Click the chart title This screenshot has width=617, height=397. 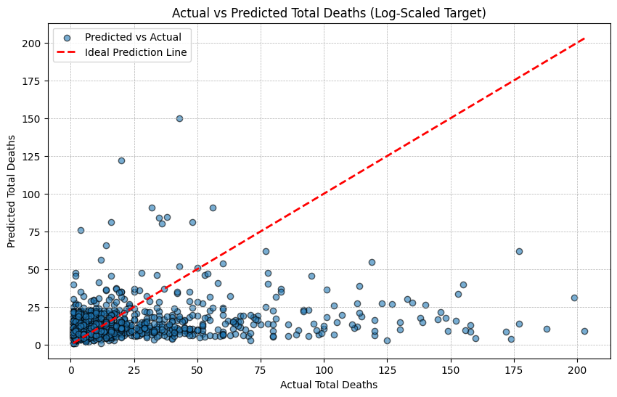tap(329, 13)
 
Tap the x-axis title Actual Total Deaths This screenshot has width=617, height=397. tap(329, 385)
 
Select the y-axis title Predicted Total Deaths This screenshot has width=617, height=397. tap(11, 191)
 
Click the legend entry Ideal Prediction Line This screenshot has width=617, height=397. tap(136, 52)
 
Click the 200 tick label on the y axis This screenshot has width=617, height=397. tap(31, 44)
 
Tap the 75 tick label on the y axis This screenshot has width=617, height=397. tap(35, 232)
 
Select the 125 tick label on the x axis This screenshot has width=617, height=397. tap(387, 370)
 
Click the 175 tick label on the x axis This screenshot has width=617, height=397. tap(514, 370)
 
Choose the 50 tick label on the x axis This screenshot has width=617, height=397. tap(197, 370)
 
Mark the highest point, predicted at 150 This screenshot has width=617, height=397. tap(179, 118)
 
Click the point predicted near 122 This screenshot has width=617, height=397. tap(122, 160)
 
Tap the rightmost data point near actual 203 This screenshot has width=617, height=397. tap(584, 331)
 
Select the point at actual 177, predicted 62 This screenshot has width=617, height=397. tap(519, 251)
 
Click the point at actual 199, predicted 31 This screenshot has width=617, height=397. tap(574, 298)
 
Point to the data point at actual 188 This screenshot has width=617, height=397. tap(547, 329)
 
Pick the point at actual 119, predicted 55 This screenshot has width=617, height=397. tap(372, 263)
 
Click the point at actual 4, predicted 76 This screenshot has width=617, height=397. tap(81, 230)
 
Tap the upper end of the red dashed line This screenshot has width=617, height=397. tap(585, 38)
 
